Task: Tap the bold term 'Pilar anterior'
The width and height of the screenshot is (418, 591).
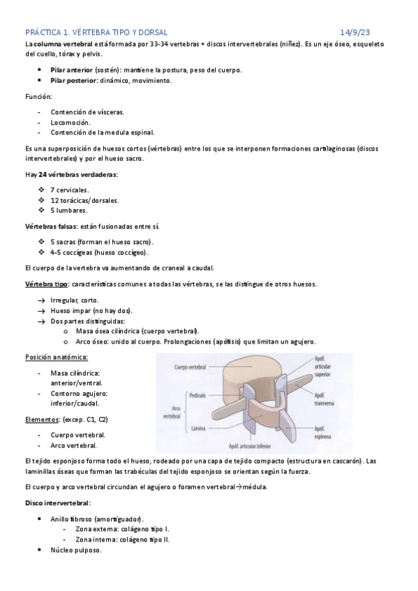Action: coord(72,70)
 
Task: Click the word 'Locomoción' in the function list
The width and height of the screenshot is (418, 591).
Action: coord(70,121)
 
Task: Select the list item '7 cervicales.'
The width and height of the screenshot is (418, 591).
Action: coord(70,190)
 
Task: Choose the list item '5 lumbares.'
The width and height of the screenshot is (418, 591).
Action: coord(69,210)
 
